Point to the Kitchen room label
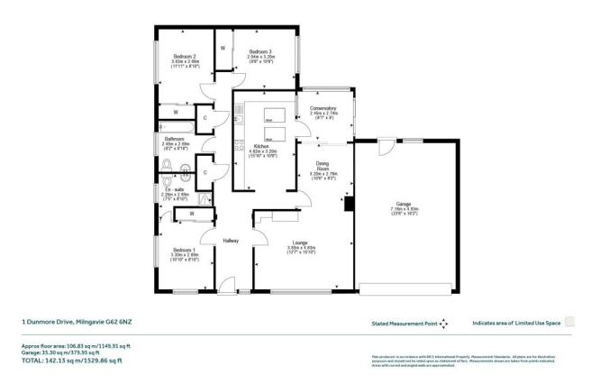point(261,145)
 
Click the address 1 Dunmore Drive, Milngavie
point(76,320)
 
